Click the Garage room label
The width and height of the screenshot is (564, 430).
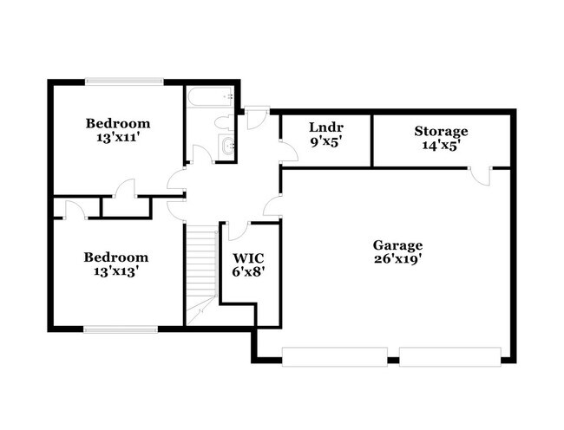[x=397, y=244]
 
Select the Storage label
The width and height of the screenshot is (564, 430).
[x=441, y=131]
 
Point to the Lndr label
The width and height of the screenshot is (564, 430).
[x=326, y=127]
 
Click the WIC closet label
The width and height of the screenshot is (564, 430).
[x=249, y=257]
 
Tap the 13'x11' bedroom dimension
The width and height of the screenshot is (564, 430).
[x=117, y=137]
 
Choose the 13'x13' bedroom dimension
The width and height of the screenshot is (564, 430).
[x=115, y=270]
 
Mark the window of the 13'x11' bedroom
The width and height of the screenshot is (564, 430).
[x=123, y=81]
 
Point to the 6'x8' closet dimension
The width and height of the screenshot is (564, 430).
[x=249, y=270]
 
